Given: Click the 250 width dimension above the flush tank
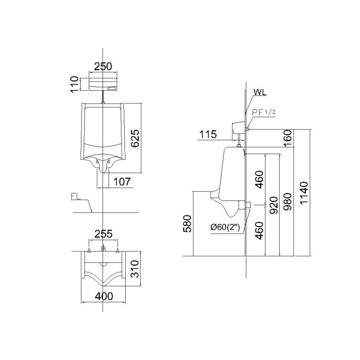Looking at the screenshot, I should tap(103, 66).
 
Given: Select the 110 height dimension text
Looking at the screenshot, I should tap(75, 84).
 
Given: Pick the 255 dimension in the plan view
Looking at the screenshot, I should tap(103, 234).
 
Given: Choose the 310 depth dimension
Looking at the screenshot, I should tap(135, 269).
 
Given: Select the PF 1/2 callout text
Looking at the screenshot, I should tap(264, 112).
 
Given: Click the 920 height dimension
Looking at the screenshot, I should tap(272, 205).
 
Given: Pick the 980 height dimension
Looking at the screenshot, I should tap(287, 205).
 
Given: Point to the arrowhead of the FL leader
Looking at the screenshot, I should tap(92, 211).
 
